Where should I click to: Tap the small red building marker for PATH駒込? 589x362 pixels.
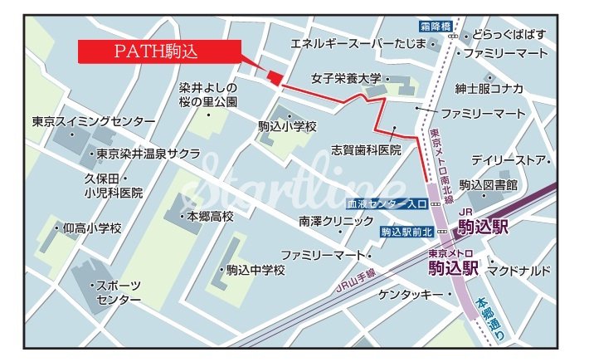click(x=275, y=77)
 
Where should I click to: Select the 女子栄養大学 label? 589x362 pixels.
click(x=346, y=79)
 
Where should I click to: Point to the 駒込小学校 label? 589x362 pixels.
click(x=287, y=127)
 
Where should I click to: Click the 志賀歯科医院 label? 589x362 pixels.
click(x=366, y=150)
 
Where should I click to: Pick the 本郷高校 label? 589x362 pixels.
click(x=210, y=216)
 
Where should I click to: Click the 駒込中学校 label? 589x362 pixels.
click(x=256, y=270)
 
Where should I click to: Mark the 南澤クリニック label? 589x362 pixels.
click(x=336, y=222)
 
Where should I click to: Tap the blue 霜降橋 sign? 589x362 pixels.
click(x=434, y=27)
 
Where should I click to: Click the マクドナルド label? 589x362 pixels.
click(x=518, y=271)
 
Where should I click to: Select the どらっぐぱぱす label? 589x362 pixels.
click(x=509, y=34)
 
